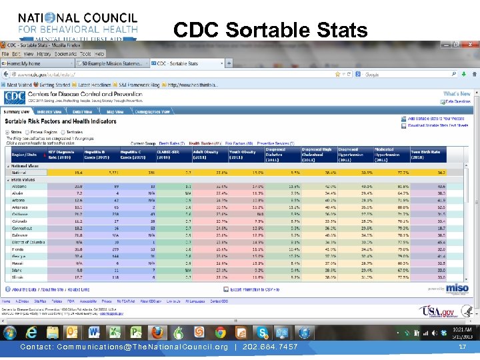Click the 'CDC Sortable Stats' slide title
click(270, 30)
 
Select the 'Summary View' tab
click(17, 111)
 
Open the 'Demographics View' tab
click(153, 111)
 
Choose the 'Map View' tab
click(115, 111)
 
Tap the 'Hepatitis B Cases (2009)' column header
click(98, 154)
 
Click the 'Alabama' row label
click(21, 187)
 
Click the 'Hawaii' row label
click(19, 263)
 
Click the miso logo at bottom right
click(457, 287)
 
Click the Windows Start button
click(11, 332)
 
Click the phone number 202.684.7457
click(269, 347)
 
